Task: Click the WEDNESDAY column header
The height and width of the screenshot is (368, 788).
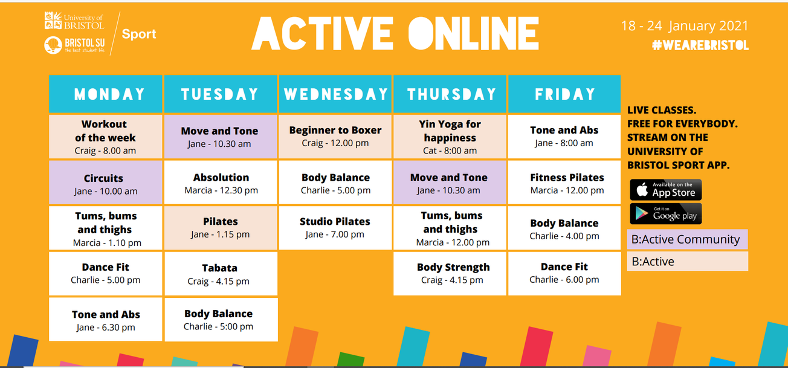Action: (x=335, y=94)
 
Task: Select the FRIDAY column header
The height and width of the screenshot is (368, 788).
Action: (x=564, y=94)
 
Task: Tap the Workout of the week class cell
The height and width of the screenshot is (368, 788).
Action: (x=105, y=137)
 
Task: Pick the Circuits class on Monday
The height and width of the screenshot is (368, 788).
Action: (x=105, y=184)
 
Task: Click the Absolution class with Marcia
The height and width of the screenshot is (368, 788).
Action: (x=221, y=183)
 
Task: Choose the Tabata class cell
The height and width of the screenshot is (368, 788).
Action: (x=221, y=274)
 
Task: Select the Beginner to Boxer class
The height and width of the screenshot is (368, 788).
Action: (x=335, y=136)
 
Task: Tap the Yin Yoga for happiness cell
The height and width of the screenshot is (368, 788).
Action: (x=450, y=137)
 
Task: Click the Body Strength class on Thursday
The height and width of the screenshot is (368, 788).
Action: (x=453, y=273)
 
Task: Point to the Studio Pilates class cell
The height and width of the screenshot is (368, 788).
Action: (x=335, y=227)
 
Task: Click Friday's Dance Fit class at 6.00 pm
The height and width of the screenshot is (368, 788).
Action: (x=564, y=273)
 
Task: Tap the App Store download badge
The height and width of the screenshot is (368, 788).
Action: (x=665, y=190)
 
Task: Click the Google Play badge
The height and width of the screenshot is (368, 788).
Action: (x=665, y=213)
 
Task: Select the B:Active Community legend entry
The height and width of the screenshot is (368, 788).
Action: (x=687, y=239)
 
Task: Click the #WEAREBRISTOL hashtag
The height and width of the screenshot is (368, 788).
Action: (x=700, y=46)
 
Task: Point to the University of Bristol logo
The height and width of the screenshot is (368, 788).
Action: (x=74, y=22)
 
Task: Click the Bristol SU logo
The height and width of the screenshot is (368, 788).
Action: (x=74, y=45)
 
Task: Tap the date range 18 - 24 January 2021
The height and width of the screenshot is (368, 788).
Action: (x=685, y=26)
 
